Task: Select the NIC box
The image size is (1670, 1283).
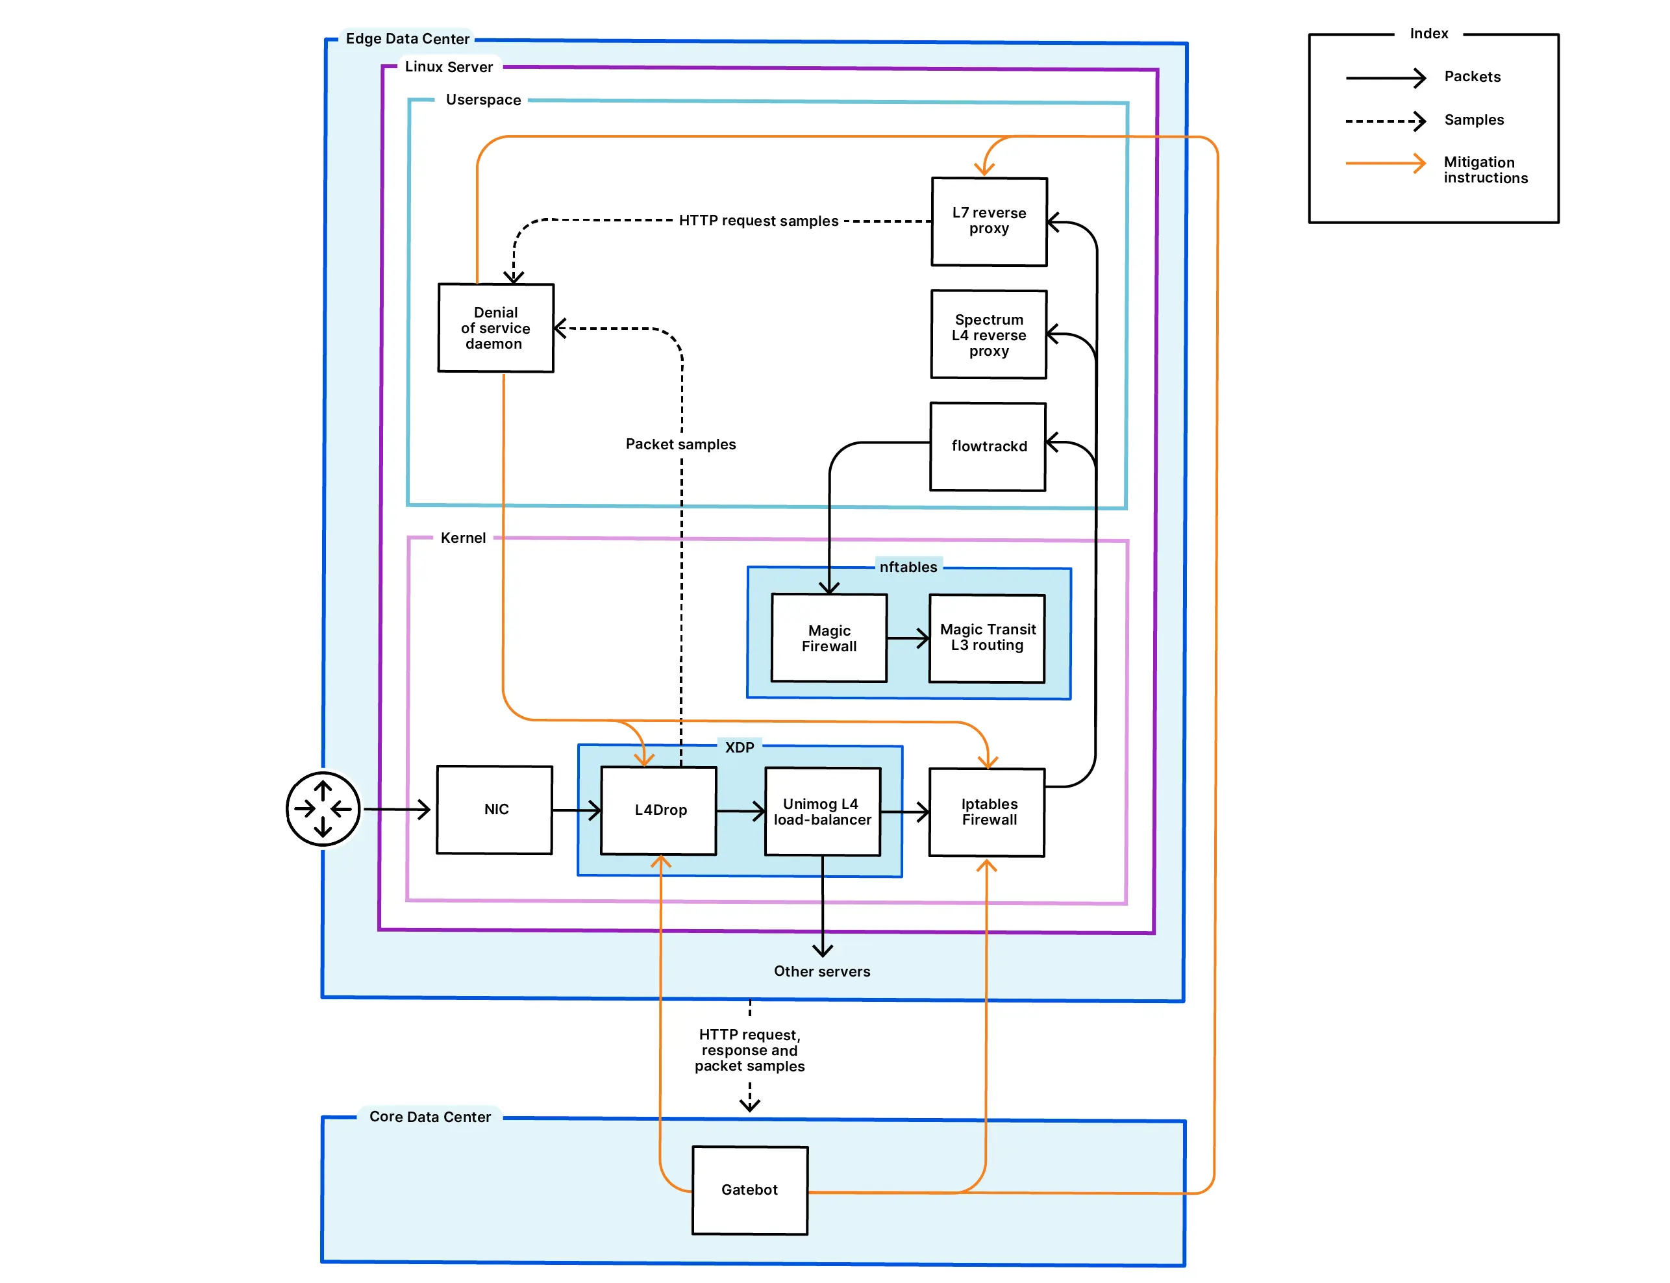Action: (x=494, y=810)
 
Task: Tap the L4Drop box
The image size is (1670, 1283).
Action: (x=659, y=810)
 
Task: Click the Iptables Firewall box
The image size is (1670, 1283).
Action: (x=986, y=812)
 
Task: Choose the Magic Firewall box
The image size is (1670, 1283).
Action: (x=829, y=638)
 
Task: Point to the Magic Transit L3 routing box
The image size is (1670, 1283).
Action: (x=986, y=638)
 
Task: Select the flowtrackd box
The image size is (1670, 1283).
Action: (x=988, y=446)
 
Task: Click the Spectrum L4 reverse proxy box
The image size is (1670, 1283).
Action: (x=988, y=334)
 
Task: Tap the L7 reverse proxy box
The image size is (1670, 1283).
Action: (x=989, y=221)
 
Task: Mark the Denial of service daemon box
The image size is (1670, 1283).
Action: (x=495, y=328)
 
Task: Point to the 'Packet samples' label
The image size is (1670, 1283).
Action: (x=680, y=443)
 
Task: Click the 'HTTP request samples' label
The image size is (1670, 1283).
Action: (x=758, y=221)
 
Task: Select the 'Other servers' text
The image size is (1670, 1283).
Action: (x=821, y=971)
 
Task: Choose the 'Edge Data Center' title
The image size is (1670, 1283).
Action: (x=407, y=39)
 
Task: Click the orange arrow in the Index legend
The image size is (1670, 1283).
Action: (x=1384, y=164)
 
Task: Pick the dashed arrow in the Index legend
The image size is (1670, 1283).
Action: (x=1384, y=121)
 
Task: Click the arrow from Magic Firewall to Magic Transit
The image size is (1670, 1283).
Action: (x=908, y=638)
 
